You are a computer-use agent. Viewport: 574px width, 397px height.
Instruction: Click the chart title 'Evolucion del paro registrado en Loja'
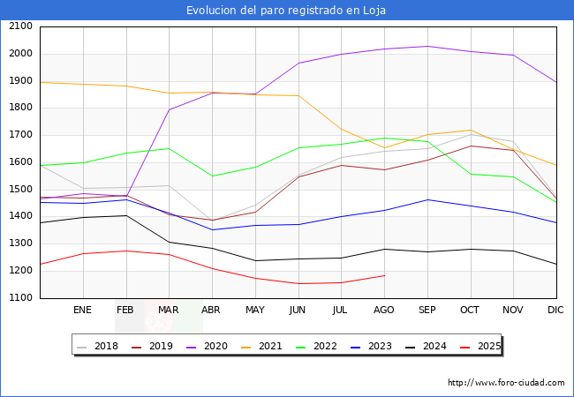point(286,11)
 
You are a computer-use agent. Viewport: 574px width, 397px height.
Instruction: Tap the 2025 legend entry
point(487,346)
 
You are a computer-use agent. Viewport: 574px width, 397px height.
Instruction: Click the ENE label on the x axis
point(82,311)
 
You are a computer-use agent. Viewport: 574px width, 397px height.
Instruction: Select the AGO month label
point(384,311)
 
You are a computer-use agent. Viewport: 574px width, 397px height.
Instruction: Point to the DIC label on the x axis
point(555,311)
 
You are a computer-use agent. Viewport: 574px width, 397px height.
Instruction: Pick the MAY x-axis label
point(254,311)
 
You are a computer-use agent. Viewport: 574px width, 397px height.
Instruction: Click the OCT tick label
point(470,311)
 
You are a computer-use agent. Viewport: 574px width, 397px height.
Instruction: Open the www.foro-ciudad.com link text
point(506,383)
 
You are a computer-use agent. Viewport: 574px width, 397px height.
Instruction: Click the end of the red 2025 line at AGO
point(384,275)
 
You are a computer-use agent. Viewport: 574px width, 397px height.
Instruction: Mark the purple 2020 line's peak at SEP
point(427,46)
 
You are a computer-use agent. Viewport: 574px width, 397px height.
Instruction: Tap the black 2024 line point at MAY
point(255,260)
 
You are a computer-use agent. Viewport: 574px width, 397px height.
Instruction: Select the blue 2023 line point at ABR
point(212,229)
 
